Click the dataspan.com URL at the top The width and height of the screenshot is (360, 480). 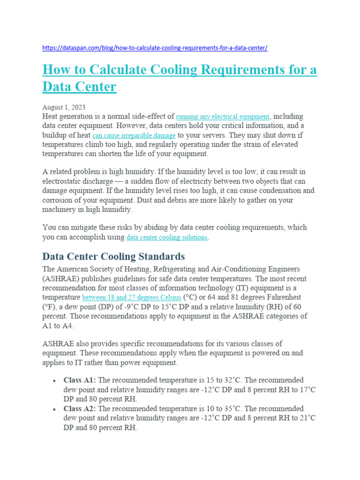pyautogui.click(x=155, y=48)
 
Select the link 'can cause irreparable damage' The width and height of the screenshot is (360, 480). pyautogui.click(x=134, y=135)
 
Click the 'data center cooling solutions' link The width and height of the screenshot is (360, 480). pyautogui.click(x=167, y=237)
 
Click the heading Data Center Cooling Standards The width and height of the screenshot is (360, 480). pyautogui.click(x=113, y=256)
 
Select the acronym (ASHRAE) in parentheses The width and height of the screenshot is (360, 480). pyautogui.click(x=60, y=278)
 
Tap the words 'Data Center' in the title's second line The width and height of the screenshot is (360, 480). pyautogui.click(x=79, y=87)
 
